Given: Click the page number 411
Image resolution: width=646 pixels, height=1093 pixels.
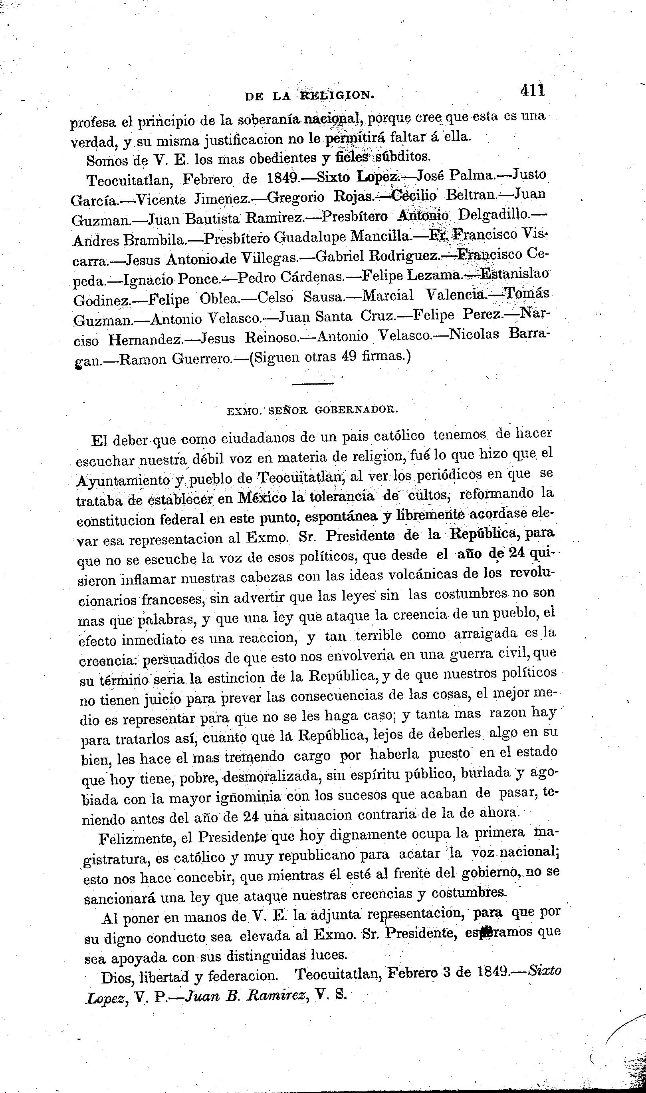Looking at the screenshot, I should [531, 91].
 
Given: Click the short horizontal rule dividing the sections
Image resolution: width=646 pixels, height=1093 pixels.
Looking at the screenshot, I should [313, 384].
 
